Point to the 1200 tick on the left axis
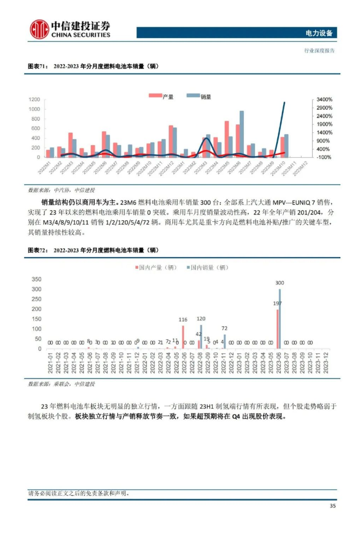[34, 100]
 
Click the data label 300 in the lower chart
[280, 283]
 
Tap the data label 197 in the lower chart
[277, 303]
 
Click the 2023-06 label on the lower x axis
[279, 364]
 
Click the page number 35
[332, 506]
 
